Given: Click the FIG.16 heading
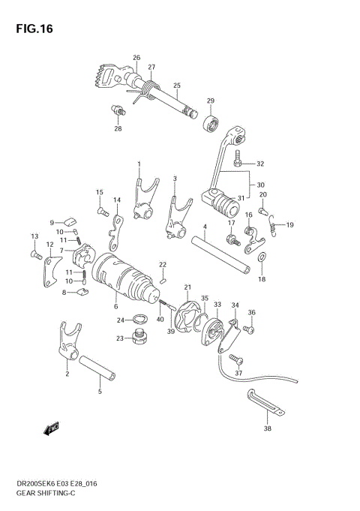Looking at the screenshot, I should (x=31, y=29).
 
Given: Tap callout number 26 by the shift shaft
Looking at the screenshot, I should (x=136, y=58).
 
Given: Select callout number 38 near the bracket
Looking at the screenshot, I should (x=267, y=430).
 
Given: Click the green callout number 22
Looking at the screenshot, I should (x=162, y=264).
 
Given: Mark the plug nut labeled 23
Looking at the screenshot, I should (x=137, y=338).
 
